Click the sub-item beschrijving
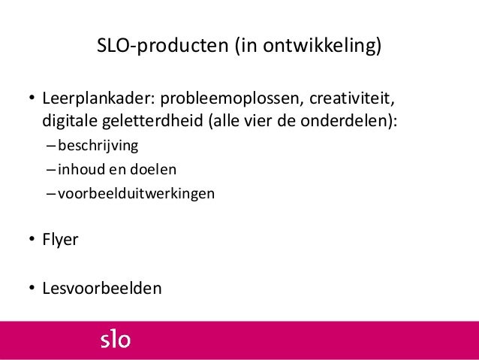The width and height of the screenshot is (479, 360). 95,144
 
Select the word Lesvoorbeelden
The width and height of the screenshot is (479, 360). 101,288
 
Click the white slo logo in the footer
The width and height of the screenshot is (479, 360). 116,340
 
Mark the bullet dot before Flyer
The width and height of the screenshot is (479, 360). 32,242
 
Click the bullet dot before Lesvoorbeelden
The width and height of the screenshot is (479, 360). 32,289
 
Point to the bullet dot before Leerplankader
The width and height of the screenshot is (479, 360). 32,101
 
